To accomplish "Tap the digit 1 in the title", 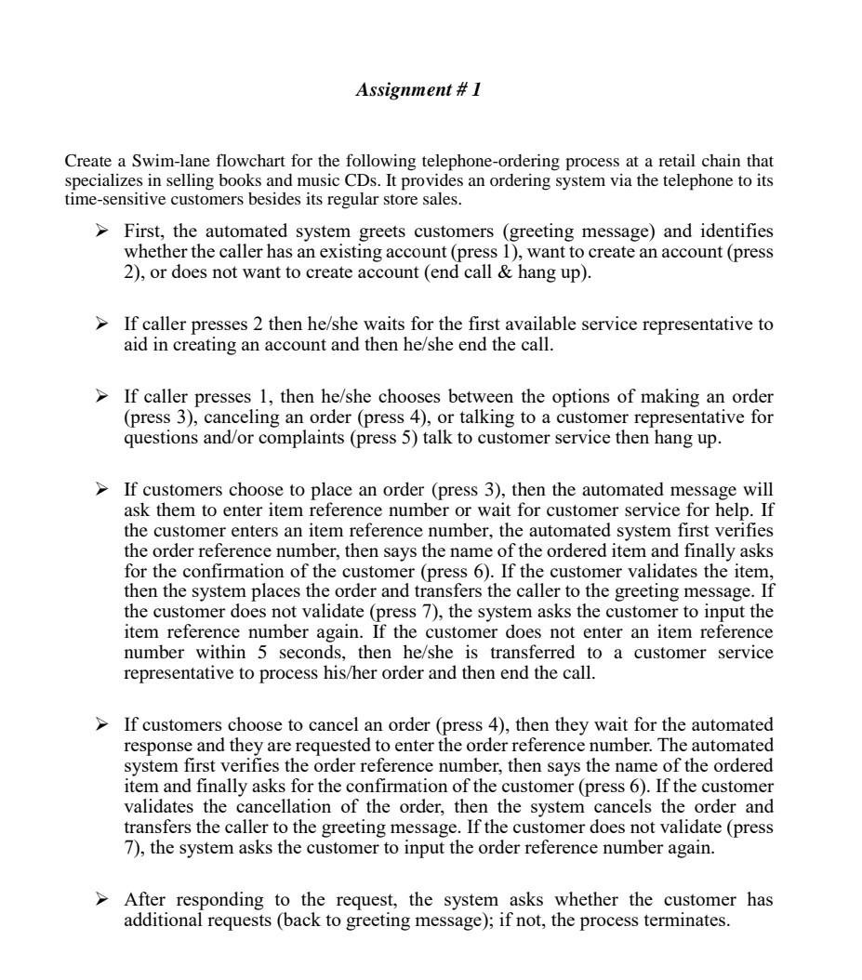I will [476, 90].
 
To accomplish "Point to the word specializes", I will [101, 180].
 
